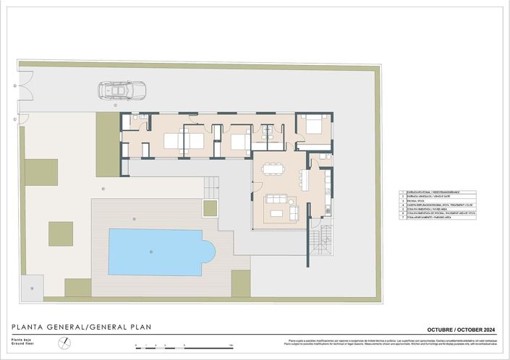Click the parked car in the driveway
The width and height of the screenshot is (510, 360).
tap(122, 90)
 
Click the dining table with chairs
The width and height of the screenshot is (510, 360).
tap(273, 168)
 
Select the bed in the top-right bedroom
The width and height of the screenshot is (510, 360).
tap(313, 124)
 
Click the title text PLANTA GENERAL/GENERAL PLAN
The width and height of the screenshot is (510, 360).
tap(81, 326)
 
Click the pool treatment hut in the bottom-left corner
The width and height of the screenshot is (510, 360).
tap(33, 286)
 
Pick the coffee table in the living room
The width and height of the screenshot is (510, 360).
tap(276, 213)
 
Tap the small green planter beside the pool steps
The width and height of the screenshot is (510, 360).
tap(211, 208)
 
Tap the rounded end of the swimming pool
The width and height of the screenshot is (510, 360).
tap(208, 252)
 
